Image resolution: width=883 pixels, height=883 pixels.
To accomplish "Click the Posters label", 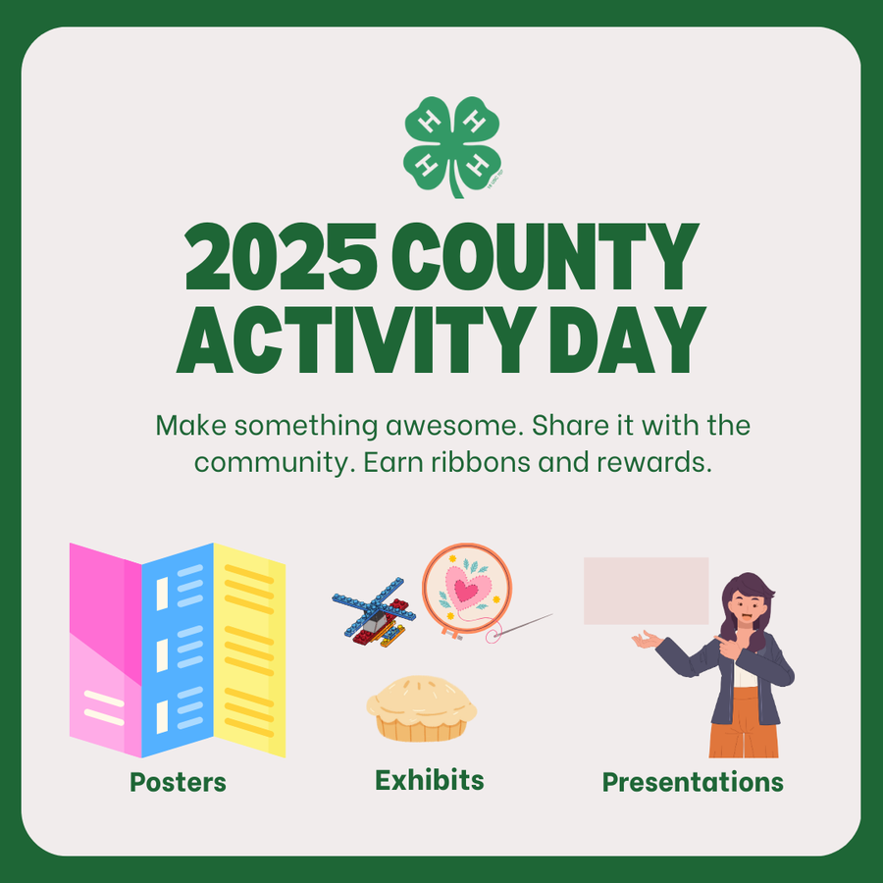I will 178,782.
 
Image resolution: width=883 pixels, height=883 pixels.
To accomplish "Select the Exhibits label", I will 429,780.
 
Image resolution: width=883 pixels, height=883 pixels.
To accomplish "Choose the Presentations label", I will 692,782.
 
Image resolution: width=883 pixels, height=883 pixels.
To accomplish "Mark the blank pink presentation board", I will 646,591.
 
